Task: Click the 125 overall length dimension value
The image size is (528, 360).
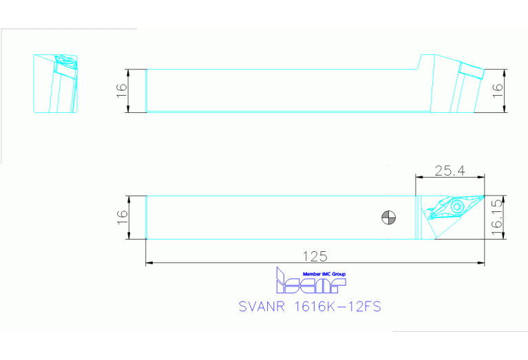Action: pos(315,256)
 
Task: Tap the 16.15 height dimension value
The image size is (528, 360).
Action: pos(498,218)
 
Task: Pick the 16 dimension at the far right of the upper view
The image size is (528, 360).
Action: pos(498,91)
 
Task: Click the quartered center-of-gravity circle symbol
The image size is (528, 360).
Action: pos(388,218)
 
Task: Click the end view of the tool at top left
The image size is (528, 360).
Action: pos(56,83)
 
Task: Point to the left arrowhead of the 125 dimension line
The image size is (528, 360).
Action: pos(149,262)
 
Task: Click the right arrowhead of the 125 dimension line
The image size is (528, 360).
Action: pos(481,262)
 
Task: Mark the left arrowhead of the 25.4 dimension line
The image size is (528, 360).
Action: pos(418,176)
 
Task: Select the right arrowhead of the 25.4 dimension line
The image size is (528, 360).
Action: pos(481,176)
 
